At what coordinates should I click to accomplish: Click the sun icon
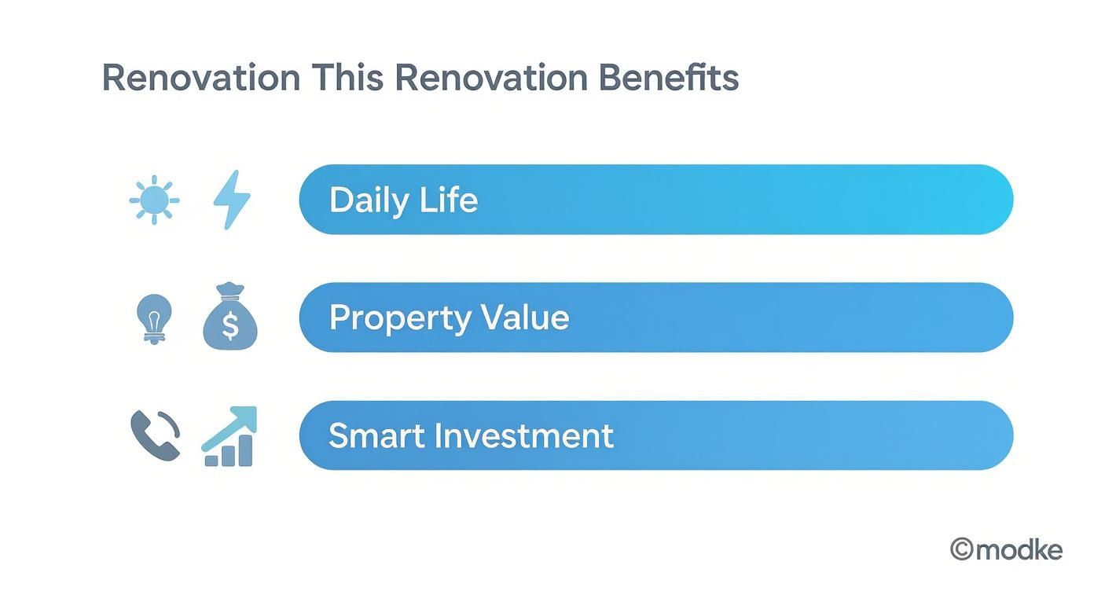[154, 200]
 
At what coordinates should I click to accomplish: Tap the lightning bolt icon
[232, 200]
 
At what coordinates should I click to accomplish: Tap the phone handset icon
[155, 435]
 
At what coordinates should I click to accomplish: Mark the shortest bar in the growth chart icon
[211, 460]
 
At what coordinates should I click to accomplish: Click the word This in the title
[347, 78]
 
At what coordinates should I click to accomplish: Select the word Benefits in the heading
[668, 78]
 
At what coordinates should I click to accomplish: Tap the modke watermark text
[1019, 550]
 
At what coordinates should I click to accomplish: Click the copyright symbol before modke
[962, 549]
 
